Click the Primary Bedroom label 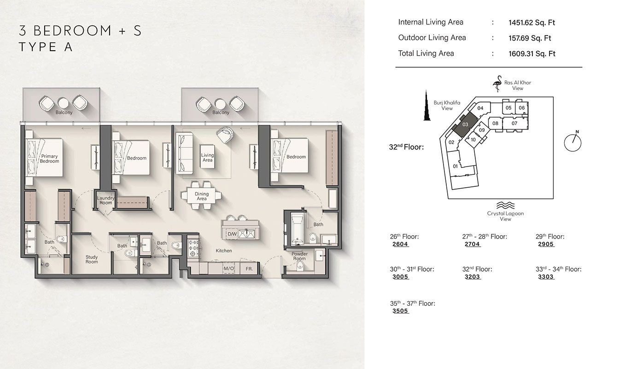click(49, 159)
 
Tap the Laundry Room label click(105, 200)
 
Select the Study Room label click(92, 259)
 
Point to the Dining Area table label click(202, 196)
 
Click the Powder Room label click(299, 256)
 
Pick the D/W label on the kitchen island click(232, 234)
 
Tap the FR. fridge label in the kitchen click(249, 268)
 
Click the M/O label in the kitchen click(228, 268)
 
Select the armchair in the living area click(225, 134)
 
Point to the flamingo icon click(497, 85)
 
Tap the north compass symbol click(572, 142)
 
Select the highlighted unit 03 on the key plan click(465, 123)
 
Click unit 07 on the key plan click(514, 123)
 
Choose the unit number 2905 click(546, 244)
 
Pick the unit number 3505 click(400, 311)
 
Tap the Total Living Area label click(426, 54)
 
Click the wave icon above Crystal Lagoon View click(505, 205)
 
